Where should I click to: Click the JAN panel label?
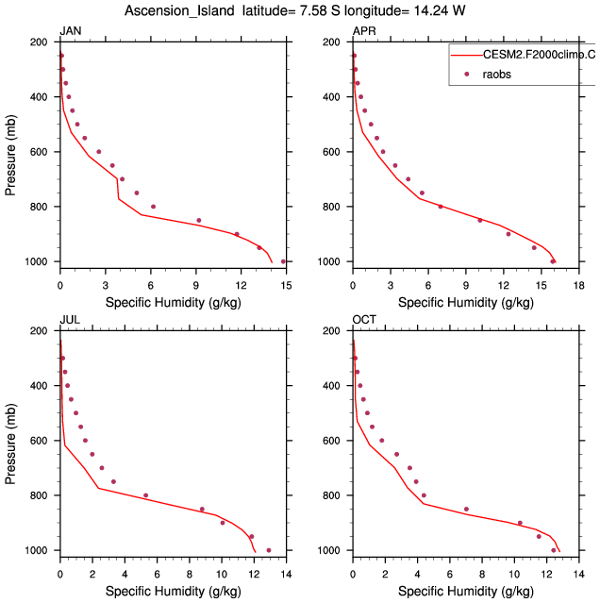(70, 32)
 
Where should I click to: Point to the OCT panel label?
(364, 319)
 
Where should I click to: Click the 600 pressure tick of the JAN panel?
(40, 152)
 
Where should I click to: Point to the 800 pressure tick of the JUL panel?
(40, 495)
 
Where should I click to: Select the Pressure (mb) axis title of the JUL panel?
(11, 440)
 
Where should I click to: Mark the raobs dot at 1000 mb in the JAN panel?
(283, 261)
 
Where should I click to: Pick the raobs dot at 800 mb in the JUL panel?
(145, 495)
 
